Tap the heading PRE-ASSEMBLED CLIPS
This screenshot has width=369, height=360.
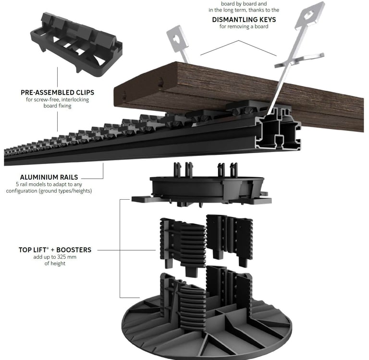coord(58,92)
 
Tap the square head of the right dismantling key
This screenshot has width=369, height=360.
coord(309,16)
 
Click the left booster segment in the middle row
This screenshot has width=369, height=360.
coord(183,242)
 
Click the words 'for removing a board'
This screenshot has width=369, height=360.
coord(244,27)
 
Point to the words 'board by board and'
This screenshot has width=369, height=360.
coord(244,4)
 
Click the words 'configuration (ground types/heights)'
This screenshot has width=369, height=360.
coord(49,191)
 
